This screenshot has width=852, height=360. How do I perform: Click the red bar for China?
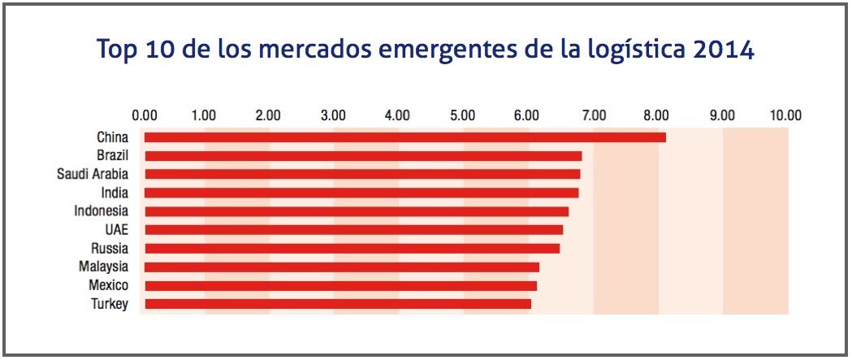[404, 137]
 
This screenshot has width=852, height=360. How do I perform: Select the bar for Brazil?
[362, 156]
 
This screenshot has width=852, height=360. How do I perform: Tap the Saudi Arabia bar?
[361, 174]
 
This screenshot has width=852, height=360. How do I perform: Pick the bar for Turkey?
[337, 304]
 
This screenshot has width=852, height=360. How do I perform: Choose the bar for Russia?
[351, 248]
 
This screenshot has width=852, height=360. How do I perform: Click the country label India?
[113, 193]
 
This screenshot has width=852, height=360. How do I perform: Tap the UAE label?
[116, 230]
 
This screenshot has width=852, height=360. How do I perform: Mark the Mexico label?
[108, 285]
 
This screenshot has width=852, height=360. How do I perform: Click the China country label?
[112, 137]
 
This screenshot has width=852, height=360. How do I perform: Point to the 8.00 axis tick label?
[657, 114]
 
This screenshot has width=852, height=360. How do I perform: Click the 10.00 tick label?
[785, 114]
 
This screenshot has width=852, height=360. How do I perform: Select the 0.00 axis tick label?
[145, 114]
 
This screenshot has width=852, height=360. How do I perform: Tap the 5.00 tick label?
[462, 114]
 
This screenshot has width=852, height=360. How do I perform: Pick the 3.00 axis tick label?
[334, 114]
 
